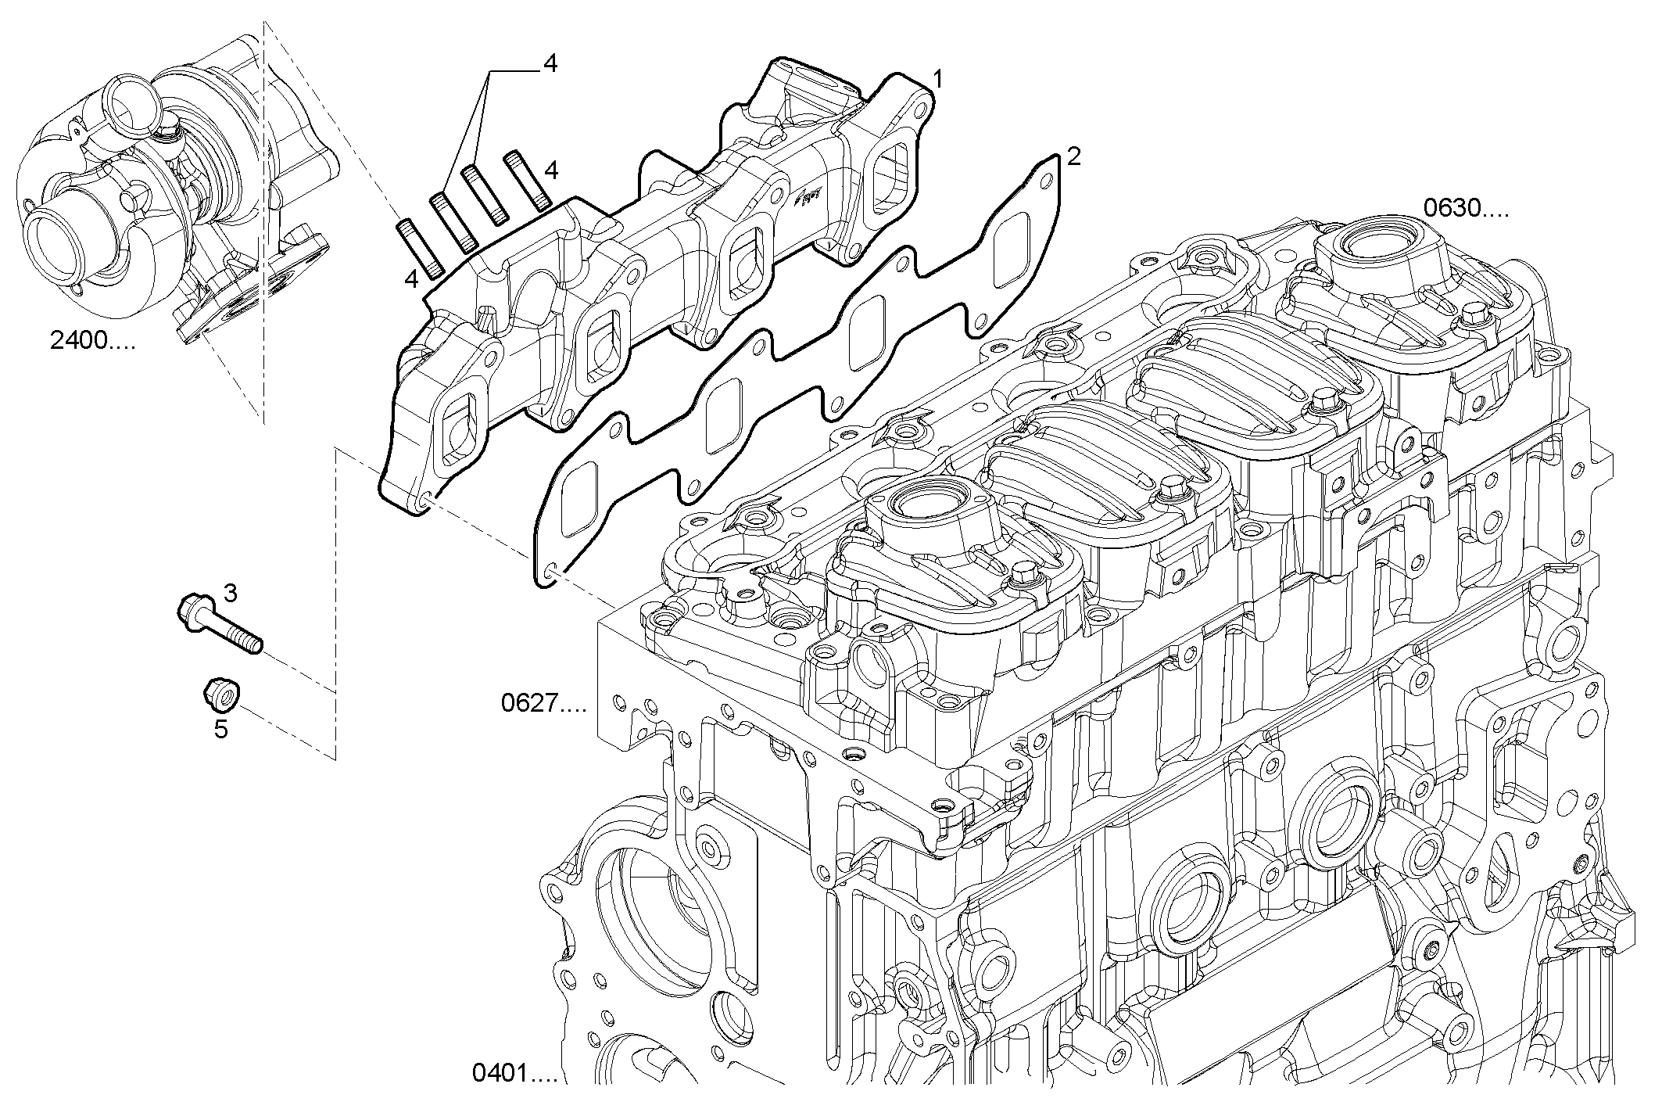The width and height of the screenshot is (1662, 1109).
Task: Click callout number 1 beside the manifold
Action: [x=937, y=78]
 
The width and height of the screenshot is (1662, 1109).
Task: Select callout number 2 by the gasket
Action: [x=1073, y=157]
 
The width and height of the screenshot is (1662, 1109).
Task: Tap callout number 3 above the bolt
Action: [x=230, y=593]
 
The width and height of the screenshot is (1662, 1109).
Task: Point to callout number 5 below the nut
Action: [x=221, y=730]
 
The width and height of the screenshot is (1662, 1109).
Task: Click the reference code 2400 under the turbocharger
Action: [x=91, y=342]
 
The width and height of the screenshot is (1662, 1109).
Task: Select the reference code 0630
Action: [x=1465, y=208]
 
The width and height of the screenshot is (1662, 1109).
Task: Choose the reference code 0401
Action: [x=514, y=1072]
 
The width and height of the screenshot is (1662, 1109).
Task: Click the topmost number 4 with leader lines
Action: [x=550, y=64]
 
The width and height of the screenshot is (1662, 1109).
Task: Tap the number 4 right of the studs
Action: [x=551, y=170]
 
